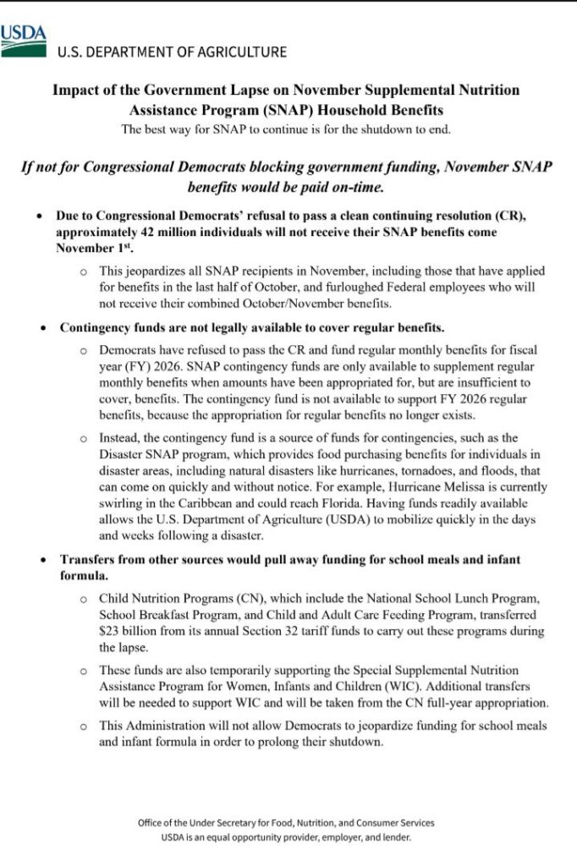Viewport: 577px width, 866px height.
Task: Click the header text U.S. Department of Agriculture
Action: (172, 52)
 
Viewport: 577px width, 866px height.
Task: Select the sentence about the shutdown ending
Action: (285, 129)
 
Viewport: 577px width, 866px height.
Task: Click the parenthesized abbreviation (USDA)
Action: (313, 519)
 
